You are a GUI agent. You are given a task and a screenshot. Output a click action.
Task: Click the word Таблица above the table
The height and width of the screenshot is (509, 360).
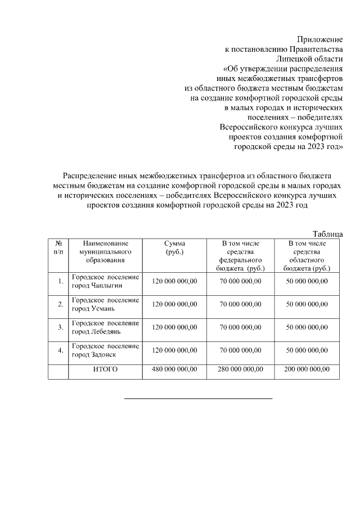coord(327,233)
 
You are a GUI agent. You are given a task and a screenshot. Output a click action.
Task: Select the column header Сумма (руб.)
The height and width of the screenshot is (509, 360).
coord(174,247)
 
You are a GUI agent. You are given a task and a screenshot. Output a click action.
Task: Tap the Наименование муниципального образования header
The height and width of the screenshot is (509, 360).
coord(105,251)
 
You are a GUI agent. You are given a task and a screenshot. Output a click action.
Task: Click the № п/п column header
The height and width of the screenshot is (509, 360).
coord(58,247)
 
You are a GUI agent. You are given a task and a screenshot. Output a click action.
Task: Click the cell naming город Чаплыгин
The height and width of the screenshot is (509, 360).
coord(105,281)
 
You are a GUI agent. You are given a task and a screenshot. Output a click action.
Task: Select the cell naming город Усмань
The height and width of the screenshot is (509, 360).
coord(105,304)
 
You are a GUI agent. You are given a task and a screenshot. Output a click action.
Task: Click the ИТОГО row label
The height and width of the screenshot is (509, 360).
coord(105,370)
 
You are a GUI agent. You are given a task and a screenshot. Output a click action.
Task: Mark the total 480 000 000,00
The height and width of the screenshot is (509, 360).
coord(174,370)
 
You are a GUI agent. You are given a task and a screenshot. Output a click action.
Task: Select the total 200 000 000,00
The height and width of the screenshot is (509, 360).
coord(307,370)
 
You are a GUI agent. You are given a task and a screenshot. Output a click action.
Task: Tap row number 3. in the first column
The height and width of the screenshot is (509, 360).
coord(60,327)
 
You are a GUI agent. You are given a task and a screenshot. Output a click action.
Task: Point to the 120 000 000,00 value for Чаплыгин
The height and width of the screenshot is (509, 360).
coord(174,281)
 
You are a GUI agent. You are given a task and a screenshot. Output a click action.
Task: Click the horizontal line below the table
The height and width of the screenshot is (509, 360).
coord(197,398)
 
